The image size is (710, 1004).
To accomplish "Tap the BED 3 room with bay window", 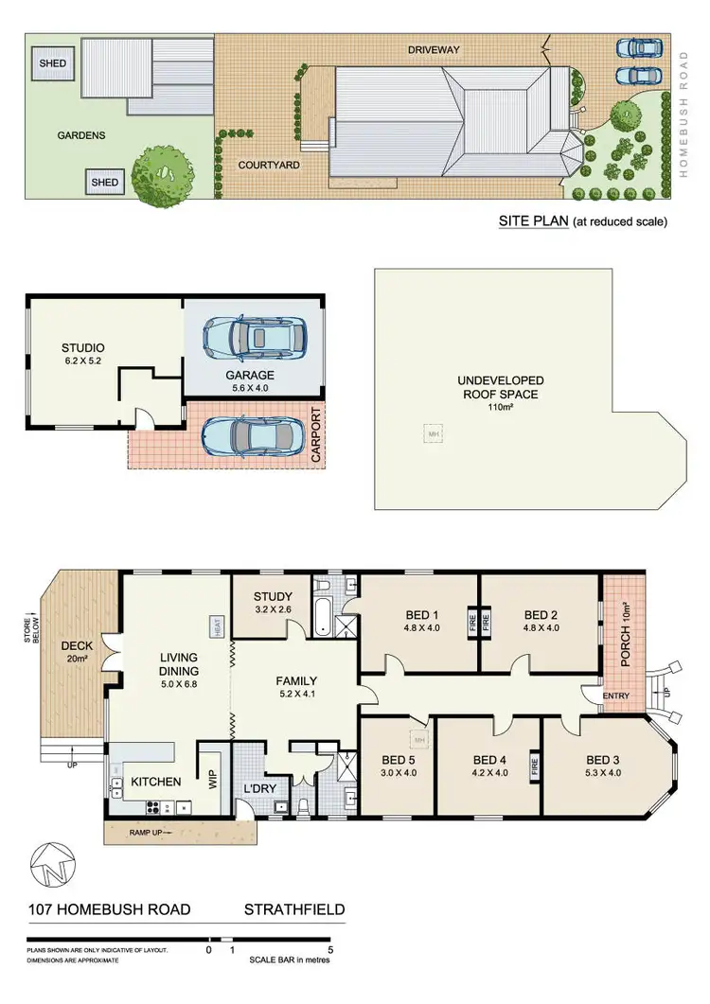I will [604, 766].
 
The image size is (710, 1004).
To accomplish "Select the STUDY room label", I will [275, 596].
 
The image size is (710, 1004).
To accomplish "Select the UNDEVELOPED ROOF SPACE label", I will [502, 387].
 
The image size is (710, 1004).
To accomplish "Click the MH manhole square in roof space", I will [435, 432].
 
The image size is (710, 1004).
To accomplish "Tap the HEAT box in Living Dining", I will [216, 625].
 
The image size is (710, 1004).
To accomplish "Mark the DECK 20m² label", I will [77, 652].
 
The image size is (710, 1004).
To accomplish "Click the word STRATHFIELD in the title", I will [294, 910].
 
